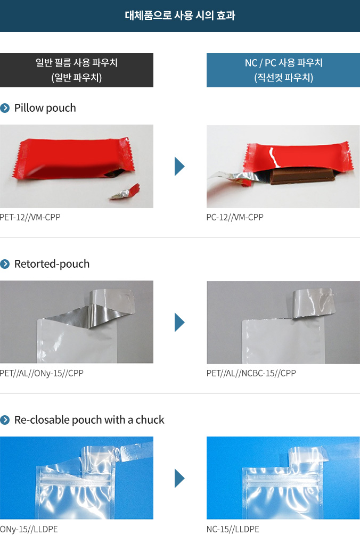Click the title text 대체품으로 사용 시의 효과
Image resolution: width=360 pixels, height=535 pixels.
tap(180, 15)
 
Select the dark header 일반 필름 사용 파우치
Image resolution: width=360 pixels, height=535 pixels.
tap(77, 70)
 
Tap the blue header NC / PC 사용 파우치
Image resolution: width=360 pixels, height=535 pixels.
tap(283, 70)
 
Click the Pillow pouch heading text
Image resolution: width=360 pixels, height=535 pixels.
tap(45, 108)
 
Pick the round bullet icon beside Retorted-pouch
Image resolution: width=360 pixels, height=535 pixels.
tap(5, 264)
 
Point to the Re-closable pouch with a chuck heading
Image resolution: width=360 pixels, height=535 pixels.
tap(89, 419)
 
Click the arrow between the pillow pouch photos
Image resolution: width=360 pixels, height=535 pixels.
tap(179, 166)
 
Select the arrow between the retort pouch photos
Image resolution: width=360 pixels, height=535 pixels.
tap(179, 322)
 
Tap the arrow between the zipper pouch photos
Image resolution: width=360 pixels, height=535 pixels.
tap(179, 478)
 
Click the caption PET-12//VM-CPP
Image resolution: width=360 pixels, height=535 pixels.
tap(30, 217)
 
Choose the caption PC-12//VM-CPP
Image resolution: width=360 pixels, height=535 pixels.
tap(235, 217)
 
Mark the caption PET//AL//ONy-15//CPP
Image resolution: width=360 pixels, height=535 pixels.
tap(42, 373)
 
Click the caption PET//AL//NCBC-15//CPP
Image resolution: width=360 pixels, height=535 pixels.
tap(251, 373)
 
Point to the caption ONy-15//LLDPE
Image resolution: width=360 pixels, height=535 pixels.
tap(29, 529)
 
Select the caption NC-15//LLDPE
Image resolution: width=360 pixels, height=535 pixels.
tap(233, 529)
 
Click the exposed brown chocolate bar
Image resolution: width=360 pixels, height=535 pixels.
tap(302, 176)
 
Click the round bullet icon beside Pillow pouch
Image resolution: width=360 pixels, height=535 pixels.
tap(5, 108)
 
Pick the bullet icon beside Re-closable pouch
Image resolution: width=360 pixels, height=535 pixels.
tap(5, 419)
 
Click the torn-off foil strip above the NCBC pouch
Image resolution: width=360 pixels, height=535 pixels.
tap(313, 302)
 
